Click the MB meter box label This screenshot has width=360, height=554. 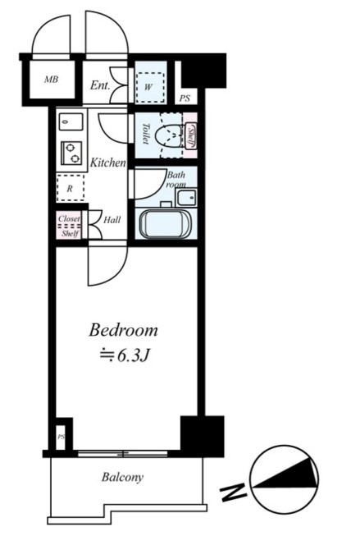(51, 80)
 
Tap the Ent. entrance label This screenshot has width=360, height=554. (100, 85)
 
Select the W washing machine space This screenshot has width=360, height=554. (151, 88)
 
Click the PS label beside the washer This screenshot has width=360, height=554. (185, 98)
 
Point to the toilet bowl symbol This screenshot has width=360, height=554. (169, 135)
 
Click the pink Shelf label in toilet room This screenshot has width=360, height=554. (190, 136)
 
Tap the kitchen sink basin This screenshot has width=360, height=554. (71, 122)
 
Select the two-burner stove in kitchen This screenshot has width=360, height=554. (71, 153)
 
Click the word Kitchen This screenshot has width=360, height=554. (108, 163)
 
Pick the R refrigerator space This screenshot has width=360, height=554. (71, 188)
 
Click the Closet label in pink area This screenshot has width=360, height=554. (69, 218)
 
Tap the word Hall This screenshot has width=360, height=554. (112, 220)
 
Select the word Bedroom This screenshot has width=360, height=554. (123, 330)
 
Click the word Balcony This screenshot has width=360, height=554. (122, 478)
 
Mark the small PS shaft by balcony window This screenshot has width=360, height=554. (62, 437)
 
